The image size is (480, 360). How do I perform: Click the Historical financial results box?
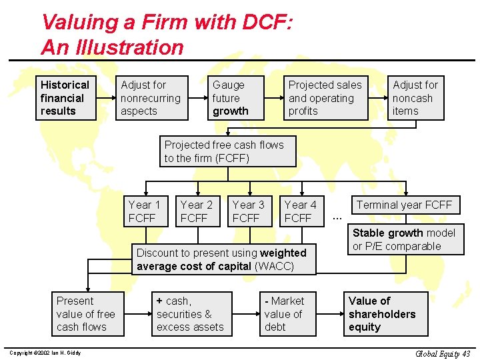[66, 98]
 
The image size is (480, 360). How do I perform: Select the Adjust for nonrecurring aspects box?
[152, 98]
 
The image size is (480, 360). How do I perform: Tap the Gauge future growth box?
[236, 98]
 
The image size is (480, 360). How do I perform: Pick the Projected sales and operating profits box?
[326, 98]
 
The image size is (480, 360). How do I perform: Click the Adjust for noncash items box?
[416, 98]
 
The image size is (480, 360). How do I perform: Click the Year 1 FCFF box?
[145, 211]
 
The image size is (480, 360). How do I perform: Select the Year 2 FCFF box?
[197, 211]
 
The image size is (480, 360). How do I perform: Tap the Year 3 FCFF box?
[249, 211]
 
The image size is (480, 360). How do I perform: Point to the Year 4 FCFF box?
[301, 211]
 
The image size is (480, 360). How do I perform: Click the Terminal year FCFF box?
[405, 205]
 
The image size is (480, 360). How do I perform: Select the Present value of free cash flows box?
[86, 314]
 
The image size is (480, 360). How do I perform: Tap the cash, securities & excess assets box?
[192, 314]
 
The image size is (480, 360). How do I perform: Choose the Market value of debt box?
[287, 314]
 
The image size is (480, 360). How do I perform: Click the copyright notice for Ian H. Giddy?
[45, 353]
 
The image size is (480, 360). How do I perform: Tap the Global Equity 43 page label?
[443, 353]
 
